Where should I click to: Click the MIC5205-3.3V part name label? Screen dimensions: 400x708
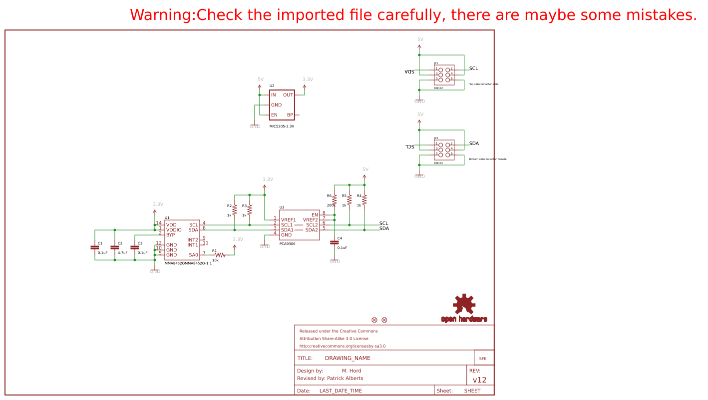coord(282,126)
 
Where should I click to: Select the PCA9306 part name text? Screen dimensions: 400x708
coord(287,244)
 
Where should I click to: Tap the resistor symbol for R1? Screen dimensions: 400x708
coord(220,255)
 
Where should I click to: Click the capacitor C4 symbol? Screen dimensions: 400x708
coord(335,242)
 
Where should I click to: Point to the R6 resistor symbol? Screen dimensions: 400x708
coord(335,199)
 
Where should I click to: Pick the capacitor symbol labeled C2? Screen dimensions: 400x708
coord(115,247)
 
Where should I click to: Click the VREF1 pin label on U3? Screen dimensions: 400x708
coord(288,220)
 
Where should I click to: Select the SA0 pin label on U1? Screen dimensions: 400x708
coord(193,255)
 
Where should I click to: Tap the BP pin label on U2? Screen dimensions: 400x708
coord(290,115)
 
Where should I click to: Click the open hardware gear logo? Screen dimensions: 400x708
coord(464,304)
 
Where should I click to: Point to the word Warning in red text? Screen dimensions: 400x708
coord(161,15)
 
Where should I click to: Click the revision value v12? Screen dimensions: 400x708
coord(479,380)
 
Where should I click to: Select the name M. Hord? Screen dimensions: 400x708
coord(352,371)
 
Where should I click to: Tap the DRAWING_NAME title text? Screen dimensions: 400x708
coord(348,358)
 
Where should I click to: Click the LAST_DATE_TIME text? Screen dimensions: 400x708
coord(341,391)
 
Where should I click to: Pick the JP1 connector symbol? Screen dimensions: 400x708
coord(444,74)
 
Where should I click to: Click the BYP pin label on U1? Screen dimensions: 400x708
coord(171,235)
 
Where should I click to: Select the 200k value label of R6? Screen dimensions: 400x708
coord(331,205)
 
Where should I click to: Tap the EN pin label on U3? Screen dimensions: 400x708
coord(315,215)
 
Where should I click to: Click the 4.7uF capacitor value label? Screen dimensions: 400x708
coord(122,253)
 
